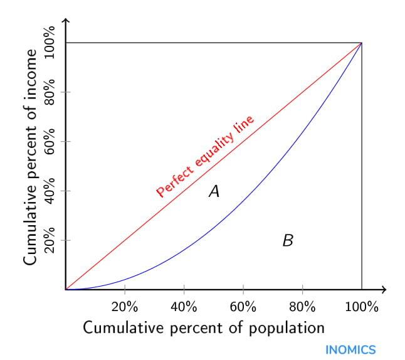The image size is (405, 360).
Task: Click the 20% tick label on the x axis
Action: pos(125,307)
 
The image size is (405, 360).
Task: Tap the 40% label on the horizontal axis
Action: pos(184,307)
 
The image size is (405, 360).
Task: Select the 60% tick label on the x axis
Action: pos(243,307)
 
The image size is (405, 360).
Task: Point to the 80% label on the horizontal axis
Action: pos(302,307)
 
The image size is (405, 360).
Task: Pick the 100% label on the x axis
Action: pos(362,307)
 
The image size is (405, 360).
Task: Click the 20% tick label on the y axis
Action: pos(50,240)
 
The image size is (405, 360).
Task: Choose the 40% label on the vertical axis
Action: pos(50,191)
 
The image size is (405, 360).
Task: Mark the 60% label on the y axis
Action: pos(50,142)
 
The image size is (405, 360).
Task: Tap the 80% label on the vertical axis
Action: pos(50,92)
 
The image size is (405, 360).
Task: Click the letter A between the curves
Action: pos(214,192)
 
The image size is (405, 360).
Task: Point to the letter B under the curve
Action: pos(288,240)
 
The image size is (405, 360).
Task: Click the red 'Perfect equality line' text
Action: pos(206,156)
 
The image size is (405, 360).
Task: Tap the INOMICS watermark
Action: pos(350,349)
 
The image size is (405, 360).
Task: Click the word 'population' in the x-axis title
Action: pos(288,329)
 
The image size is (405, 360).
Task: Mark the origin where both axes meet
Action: pos(65,290)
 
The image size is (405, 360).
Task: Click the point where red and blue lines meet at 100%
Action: pos(362,43)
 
